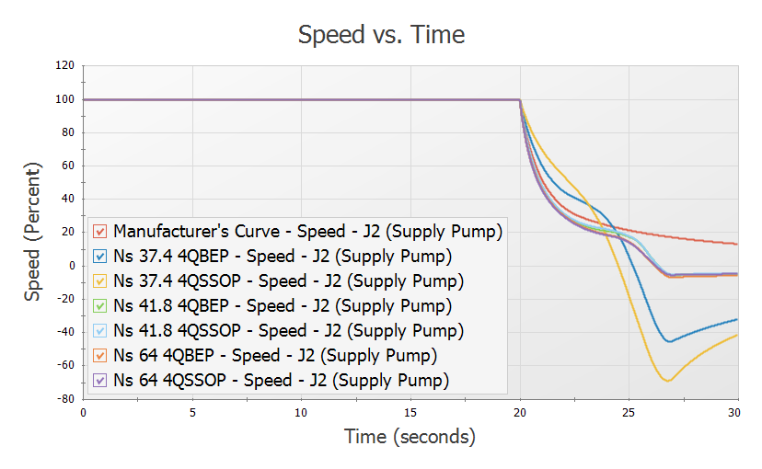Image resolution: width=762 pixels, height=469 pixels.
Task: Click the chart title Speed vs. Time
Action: [381, 35]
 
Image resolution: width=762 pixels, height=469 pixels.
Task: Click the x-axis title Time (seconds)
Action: [410, 437]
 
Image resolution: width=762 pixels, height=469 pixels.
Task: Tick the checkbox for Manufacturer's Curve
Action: [102, 230]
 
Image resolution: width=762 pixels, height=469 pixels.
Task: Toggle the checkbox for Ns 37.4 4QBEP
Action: [102, 255]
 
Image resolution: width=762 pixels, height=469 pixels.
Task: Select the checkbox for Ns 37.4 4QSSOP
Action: [102, 280]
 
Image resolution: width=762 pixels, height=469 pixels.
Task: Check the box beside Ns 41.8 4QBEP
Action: [102, 304]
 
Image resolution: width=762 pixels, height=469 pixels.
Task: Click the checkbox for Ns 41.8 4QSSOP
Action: [102, 329]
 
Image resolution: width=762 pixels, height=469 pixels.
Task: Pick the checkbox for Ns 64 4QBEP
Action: [102, 354]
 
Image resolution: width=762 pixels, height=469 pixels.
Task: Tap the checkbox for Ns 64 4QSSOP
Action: [102, 379]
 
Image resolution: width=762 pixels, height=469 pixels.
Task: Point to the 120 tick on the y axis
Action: [63, 66]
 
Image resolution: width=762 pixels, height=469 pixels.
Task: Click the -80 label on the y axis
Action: [63, 399]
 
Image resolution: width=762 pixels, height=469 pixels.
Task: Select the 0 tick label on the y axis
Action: [69, 266]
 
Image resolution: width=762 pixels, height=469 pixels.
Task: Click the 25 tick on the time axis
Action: [629, 412]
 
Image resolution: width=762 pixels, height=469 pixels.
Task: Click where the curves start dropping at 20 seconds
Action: [520, 99]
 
